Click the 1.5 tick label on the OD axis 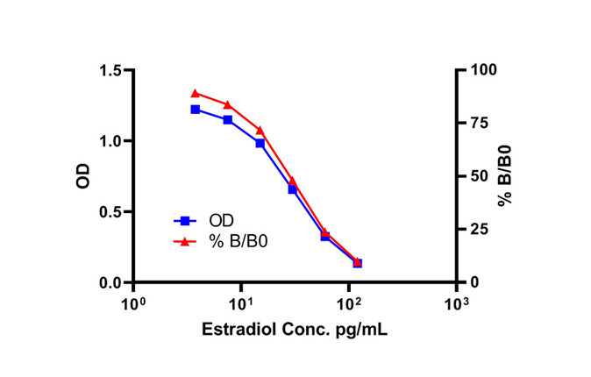tap(110, 70)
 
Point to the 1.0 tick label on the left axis tap(110, 141)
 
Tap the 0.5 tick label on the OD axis tap(110, 212)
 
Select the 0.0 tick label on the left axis tap(110, 283)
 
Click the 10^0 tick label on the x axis tap(133, 305)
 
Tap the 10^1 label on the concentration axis tap(241, 305)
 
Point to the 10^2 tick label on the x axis tap(349, 305)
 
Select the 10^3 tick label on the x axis tap(456, 305)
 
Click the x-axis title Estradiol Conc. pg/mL tap(295, 331)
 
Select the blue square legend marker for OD tap(184, 221)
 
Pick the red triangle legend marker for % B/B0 tap(184, 241)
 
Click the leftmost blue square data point tap(195, 110)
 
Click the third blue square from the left tap(260, 143)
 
